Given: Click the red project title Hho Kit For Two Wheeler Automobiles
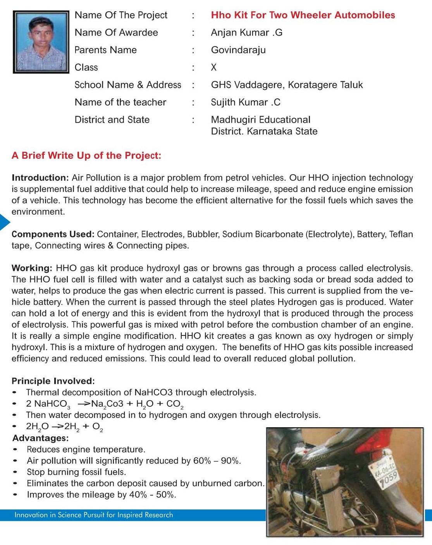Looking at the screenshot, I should coord(303,15).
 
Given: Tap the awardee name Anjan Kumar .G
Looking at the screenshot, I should coord(246,33).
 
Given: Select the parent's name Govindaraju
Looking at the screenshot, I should coord(238,50).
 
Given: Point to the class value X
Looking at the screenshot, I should coord(213,67).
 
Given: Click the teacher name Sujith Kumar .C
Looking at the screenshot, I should coord(245,102).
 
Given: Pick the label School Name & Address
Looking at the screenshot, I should coord(127,85).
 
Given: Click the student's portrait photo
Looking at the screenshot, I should coord(41,42).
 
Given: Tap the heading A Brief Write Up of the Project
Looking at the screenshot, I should coord(86,156).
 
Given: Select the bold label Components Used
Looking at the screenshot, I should coord(53,234).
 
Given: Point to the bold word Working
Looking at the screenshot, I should coord(32,268).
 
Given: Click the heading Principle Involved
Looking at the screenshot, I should coord(53,381).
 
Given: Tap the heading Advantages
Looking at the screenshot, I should coord(41,438).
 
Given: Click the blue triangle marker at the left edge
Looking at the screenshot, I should coord(4,222).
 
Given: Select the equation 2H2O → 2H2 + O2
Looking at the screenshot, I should coord(64,427).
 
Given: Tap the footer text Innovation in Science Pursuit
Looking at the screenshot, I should coord(94,515).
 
